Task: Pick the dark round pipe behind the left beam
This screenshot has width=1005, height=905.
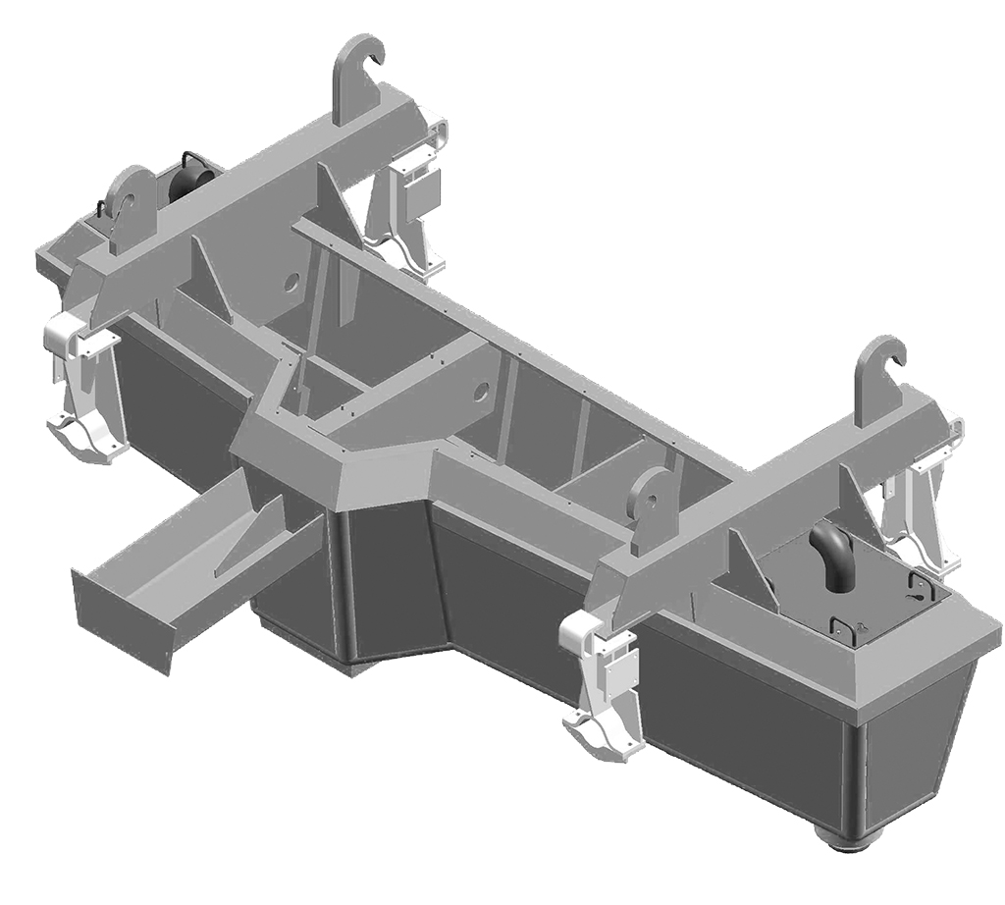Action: [189, 183]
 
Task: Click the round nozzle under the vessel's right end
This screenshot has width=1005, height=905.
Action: [845, 837]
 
